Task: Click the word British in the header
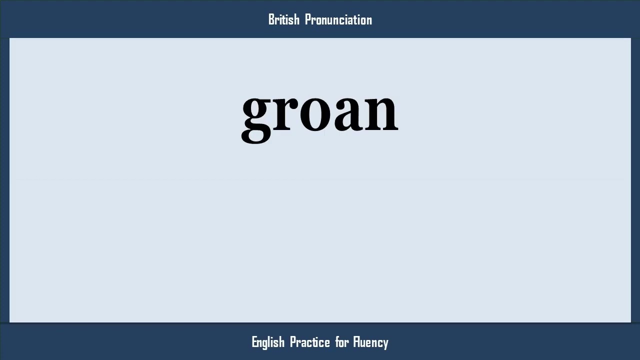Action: click(x=283, y=19)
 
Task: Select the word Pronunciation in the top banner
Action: click(x=338, y=19)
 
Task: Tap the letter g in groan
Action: click(x=257, y=115)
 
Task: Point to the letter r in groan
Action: click(x=287, y=111)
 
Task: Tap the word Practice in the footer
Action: click(x=310, y=342)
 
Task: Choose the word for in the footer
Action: click(x=342, y=342)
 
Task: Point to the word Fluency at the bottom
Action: click(x=370, y=342)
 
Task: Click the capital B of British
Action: click(x=271, y=19)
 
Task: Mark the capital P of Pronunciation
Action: click(x=307, y=19)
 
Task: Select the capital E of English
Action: click(x=254, y=342)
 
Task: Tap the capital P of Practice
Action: click(x=293, y=342)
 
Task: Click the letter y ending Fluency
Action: click(x=385, y=343)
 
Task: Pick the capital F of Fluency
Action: click(x=355, y=342)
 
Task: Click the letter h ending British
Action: click(x=296, y=19)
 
